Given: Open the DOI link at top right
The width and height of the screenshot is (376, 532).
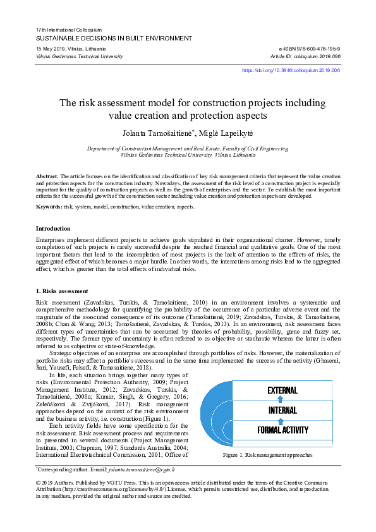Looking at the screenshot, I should tap(291, 71).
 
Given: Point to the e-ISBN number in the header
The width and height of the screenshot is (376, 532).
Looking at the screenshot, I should tap(309, 49).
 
